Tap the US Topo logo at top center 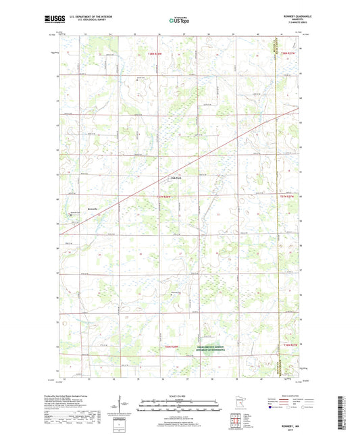[179, 20]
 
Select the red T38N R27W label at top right [288, 53]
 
